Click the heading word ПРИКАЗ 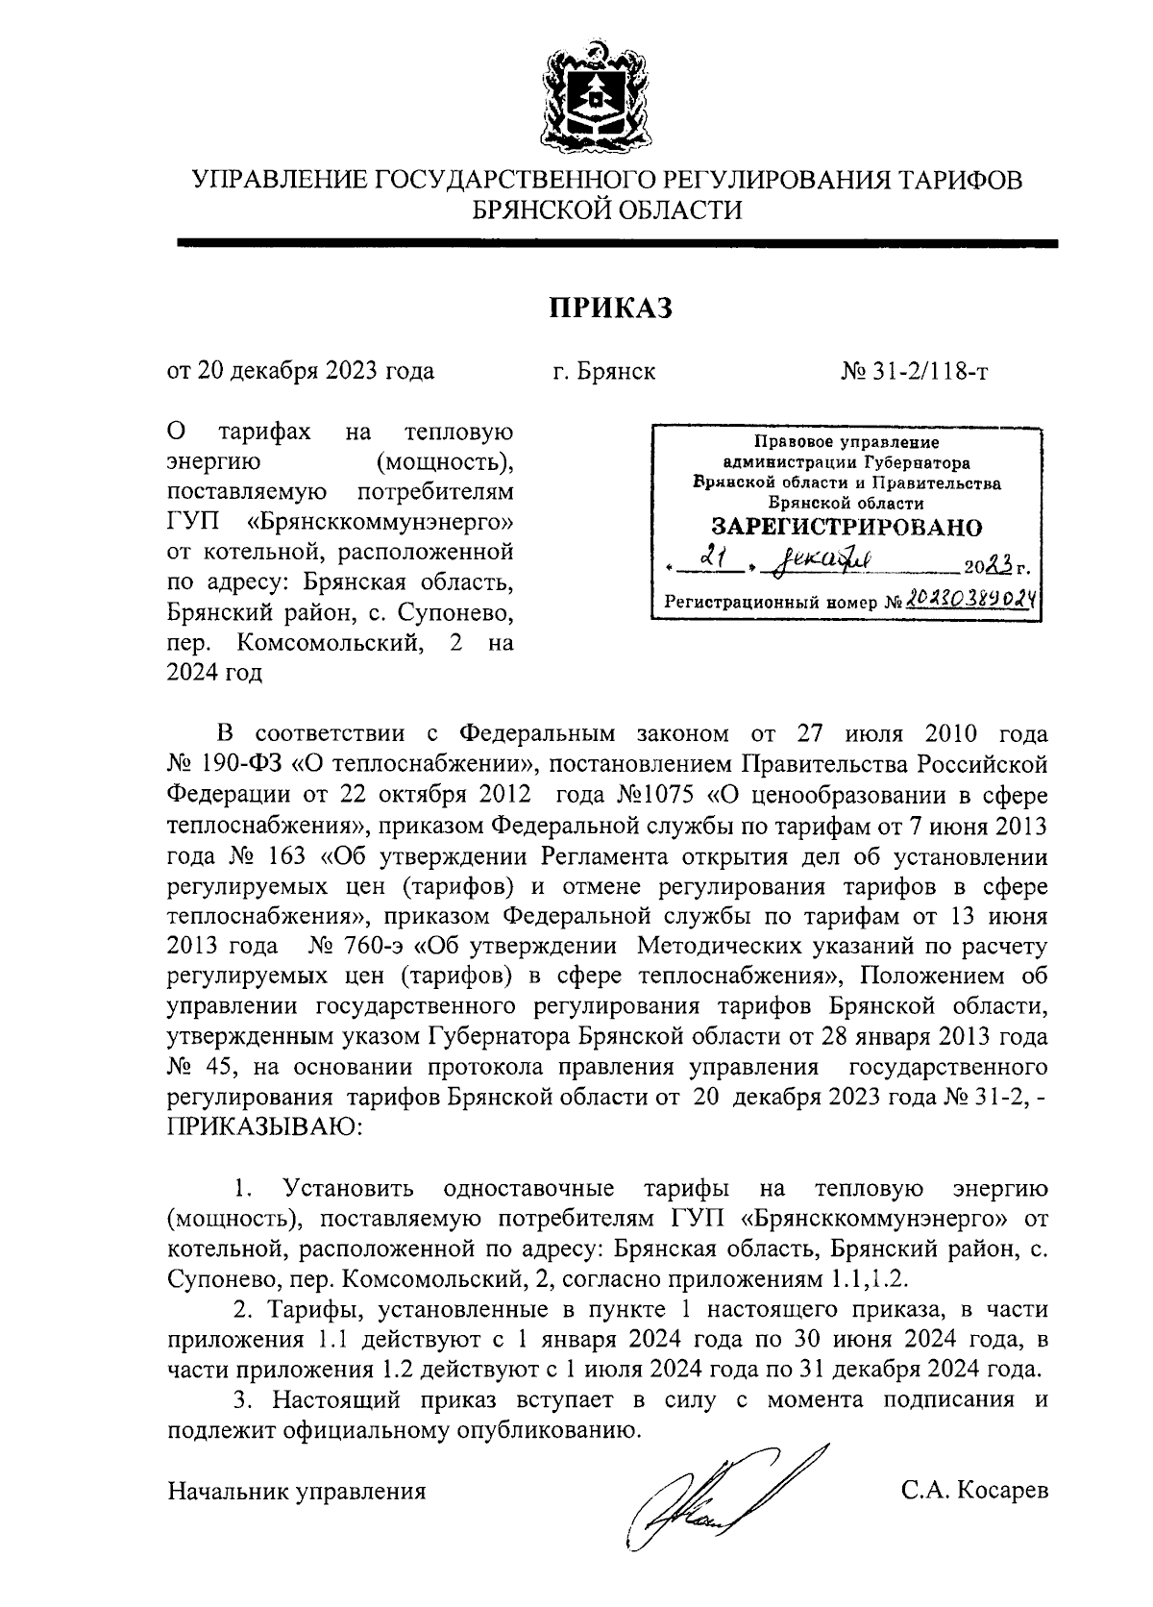[x=609, y=308]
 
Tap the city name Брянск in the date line [x=618, y=371]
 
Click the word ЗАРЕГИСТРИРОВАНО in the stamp [x=846, y=527]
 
